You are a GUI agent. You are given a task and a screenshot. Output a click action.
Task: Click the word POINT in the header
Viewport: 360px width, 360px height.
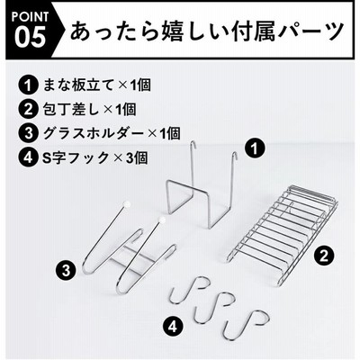(x=30, y=17)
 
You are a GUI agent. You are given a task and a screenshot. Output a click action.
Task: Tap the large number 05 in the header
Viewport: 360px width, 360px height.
(x=30, y=37)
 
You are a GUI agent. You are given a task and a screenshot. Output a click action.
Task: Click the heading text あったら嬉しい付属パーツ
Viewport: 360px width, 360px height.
(x=206, y=31)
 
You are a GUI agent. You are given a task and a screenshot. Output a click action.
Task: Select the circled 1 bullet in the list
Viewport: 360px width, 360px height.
(x=28, y=85)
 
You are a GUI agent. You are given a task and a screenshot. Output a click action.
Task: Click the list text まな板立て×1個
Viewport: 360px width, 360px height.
(x=96, y=85)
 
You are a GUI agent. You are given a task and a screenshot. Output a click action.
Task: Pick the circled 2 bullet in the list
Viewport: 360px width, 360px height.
(x=28, y=109)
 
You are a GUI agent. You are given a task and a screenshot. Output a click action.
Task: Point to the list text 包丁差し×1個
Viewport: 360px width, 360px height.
(x=89, y=109)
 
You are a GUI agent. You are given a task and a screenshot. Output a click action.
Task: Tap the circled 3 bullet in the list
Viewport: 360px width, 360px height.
(x=28, y=133)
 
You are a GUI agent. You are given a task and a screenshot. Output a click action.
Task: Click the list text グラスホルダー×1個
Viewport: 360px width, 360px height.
(x=112, y=133)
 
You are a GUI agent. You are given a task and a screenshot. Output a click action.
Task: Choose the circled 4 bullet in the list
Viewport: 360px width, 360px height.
(x=28, y=157)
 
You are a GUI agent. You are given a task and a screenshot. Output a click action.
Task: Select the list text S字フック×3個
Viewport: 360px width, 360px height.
(x=94, y=157)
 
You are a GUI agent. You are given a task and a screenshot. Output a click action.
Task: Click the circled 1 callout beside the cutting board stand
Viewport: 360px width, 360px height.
(x=255, y=148)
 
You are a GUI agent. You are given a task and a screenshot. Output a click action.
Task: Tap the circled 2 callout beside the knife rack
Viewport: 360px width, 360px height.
(x=324, y=256)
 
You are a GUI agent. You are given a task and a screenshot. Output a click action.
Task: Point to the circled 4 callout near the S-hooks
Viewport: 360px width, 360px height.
(x=173, y=327)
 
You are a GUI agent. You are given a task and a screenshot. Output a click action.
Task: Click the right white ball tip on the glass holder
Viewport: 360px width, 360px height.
(x=162, y=220)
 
